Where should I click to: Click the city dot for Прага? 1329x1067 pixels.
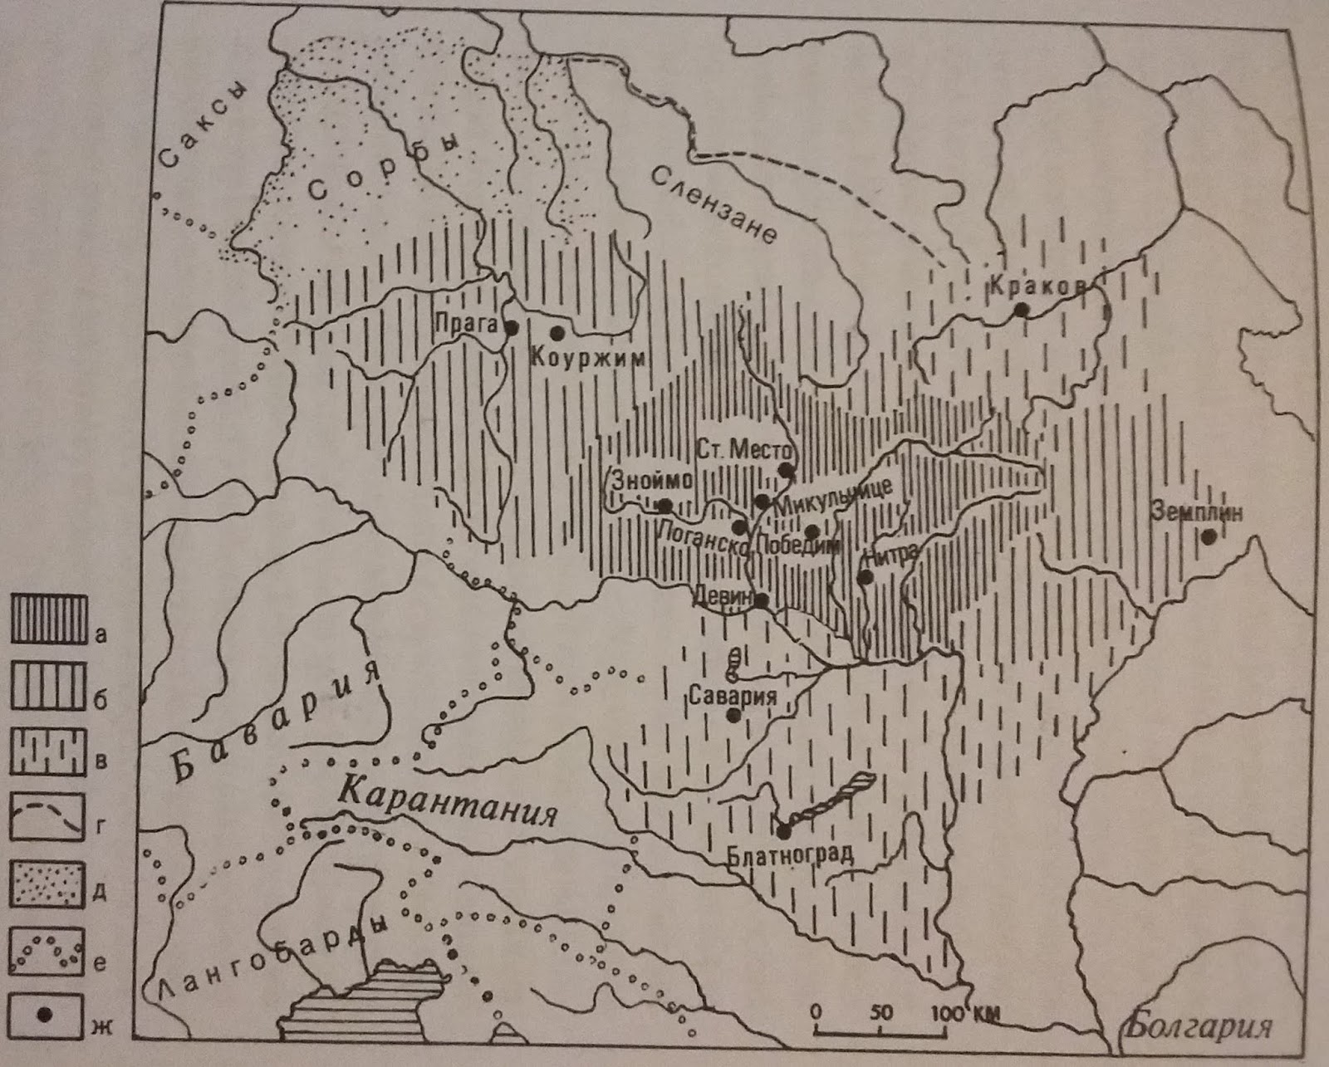(512, 327)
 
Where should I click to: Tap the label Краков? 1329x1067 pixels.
(1037, 286)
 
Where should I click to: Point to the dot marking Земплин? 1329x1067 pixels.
(1209, 537)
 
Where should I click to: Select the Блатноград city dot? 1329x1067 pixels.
(783, 831)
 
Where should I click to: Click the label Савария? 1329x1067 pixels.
(733, 696)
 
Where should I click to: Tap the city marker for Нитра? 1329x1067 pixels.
(866, 576)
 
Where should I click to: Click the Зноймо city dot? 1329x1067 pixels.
(664, 505)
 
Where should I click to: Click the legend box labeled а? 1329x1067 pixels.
(48, 619)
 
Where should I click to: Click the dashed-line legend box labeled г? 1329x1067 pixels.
(48, 817)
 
